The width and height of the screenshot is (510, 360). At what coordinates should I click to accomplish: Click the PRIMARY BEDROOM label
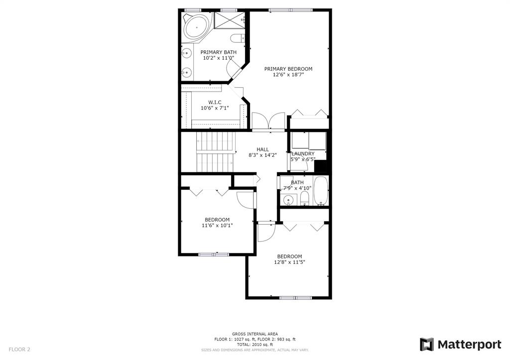click(x=288, y=69)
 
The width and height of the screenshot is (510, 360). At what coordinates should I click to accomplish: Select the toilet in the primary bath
click(x=238, y=38)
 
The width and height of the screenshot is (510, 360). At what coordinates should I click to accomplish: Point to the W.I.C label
click(x=215, y=103)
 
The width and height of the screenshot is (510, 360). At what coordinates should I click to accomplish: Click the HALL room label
click(x=262, y=149)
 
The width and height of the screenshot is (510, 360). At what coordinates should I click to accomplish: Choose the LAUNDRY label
click(x=303, y=154)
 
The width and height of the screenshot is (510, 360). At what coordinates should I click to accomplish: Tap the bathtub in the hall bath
click(x=321, y=191)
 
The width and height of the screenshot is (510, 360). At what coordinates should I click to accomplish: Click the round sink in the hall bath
click(x=288, y=200)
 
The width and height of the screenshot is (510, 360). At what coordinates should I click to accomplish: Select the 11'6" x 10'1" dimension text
click(x=217, y=226)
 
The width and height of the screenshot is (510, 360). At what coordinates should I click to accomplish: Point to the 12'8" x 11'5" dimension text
click(x=289, y=262)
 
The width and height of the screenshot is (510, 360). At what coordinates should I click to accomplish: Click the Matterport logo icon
click(x=427, y=345)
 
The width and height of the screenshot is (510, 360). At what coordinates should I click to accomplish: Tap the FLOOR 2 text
click(x=19, y=350)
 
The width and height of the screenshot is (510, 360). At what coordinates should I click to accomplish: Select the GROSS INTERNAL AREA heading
click(x=255, y=334)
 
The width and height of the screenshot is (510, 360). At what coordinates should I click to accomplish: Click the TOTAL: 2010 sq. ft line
click(x=255, y=345)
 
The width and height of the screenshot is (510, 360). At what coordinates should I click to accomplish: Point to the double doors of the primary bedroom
click(x=268, y=122)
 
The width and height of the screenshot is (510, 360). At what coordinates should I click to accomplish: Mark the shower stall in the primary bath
click(x=230, y=20)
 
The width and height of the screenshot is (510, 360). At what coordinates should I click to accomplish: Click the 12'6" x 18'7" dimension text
click(x=288, y=75)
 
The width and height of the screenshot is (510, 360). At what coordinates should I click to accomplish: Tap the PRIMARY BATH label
click(x=218, y=52)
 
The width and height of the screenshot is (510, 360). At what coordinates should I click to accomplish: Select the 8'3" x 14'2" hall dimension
click(x=262, y=155)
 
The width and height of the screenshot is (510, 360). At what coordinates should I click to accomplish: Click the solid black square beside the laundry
click(x=321, y=166)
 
